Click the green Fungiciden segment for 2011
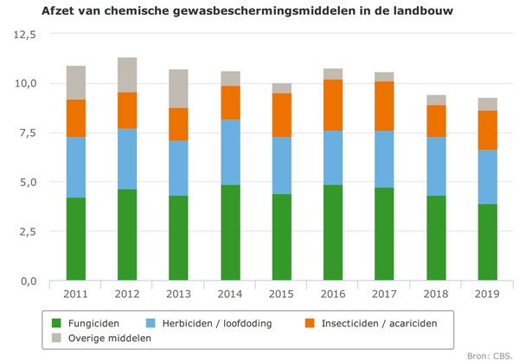tap(75, 240)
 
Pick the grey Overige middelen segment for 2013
tap(177, 88)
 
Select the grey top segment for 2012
tap(126, 74)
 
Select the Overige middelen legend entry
tap(108, 337)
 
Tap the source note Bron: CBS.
tap(490, 354)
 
